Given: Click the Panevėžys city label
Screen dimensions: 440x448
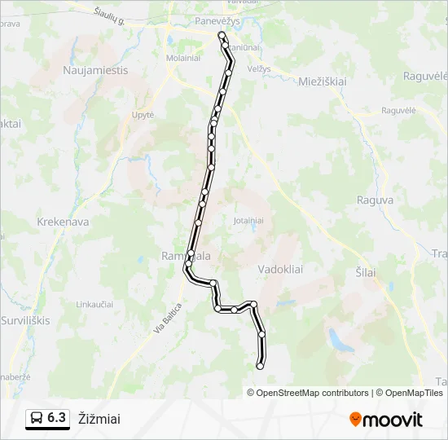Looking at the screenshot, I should point(216,21).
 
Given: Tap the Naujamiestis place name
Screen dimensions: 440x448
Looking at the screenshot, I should point(95,70).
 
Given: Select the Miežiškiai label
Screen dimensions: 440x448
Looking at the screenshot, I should point(323,81).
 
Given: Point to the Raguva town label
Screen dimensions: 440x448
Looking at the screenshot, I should point(376,200).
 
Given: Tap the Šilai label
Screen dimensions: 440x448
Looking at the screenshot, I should point(366,272).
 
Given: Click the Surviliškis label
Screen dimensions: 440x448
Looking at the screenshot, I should point(25,320).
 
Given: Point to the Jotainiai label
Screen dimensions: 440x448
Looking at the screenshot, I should point(248,220).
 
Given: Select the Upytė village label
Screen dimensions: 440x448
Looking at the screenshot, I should point(143,115).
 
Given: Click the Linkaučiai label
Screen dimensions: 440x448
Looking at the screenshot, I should point(94,304).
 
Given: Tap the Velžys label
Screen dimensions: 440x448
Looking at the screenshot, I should point(258,69).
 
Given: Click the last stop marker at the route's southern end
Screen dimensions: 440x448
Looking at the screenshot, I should point(260,367).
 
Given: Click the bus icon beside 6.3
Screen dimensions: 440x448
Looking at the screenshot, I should point(37,419).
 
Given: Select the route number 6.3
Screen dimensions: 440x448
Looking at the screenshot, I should point(57,418).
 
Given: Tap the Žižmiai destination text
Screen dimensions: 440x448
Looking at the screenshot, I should point(99,419).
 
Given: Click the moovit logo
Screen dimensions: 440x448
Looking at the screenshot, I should point(386,420).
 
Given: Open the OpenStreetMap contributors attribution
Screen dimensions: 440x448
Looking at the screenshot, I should point(313,393).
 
